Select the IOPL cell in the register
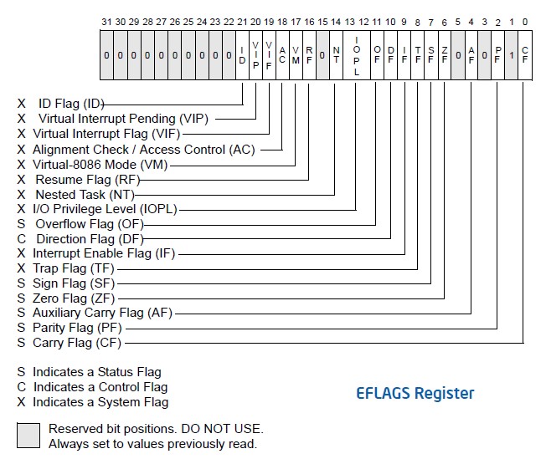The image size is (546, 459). pos(357,55)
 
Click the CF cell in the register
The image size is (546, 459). pos(524,55)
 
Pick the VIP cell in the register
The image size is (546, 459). pos(255,55)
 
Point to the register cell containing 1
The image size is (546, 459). pos(511,55)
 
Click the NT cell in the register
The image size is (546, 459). pos(336,55)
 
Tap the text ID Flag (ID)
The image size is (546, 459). pos(71,104)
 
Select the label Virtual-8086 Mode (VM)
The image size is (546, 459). pos(100,164)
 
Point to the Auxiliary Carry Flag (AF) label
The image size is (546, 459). pos(102,313)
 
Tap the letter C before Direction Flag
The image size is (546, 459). pos(22,238)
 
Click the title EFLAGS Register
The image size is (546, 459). pos(415,393)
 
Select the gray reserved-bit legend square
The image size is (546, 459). pos(28,436)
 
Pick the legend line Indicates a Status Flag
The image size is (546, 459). pos(96,371)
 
